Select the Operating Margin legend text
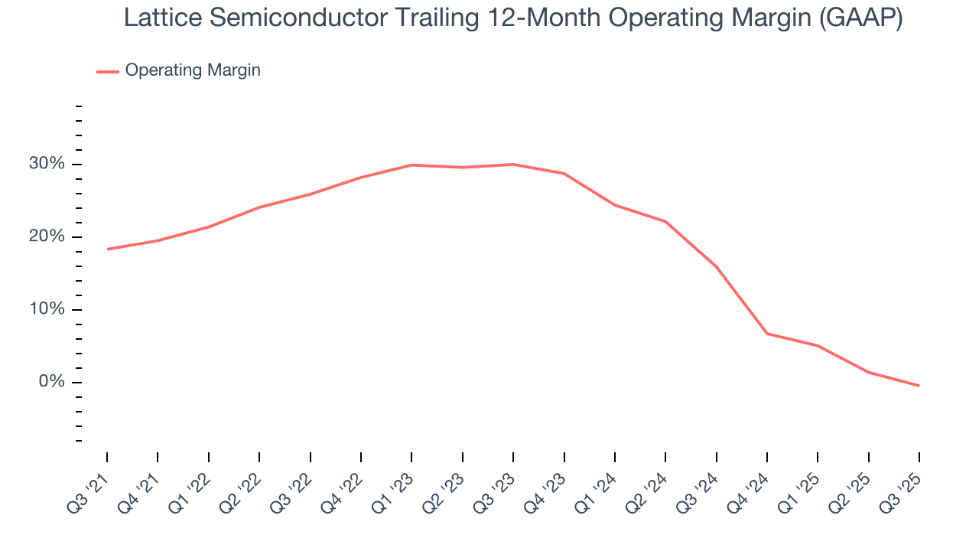[x=193, y=70]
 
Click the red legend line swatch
[x=108, y=71]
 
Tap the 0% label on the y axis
[x=52, y=382]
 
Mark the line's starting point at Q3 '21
[x=107, y=249]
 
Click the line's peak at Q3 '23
[x=513, y=165]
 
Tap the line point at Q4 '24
[x=767, y=334]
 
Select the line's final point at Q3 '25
[x=919, y=386]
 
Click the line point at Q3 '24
[x=717, y=267]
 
